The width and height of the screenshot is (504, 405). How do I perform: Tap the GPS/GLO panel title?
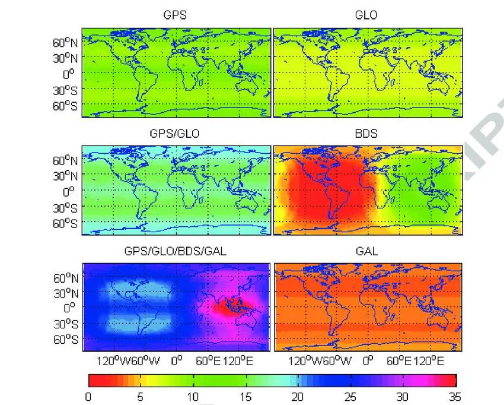[175, 134]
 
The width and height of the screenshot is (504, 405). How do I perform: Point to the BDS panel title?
[366, 134]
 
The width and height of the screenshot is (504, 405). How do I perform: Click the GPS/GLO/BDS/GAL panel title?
[175, 251]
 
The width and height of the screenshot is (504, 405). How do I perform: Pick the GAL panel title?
[366, 251]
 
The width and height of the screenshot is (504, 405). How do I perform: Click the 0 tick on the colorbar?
[88, 396]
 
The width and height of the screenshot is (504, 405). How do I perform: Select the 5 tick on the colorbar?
[140, 396]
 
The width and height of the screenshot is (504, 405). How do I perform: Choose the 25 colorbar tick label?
[350, 396]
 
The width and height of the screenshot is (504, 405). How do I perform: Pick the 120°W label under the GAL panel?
[305, 360]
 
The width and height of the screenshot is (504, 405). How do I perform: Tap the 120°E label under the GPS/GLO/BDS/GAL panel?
[238, 360]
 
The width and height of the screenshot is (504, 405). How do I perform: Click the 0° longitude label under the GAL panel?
[368, 360]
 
